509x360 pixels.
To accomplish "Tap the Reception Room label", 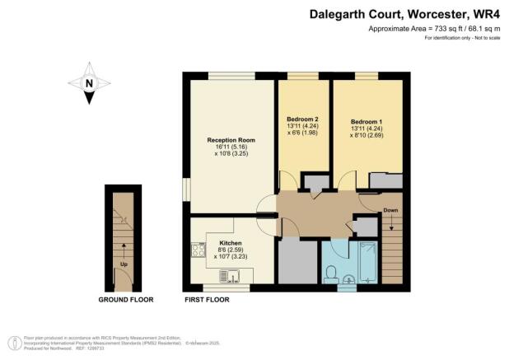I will click(x=227, y=140).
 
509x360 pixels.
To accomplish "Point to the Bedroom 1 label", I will click(x=367, y=120).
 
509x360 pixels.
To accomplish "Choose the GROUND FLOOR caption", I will click(x=124, y=300).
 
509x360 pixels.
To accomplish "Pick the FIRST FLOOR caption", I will click(x=207, y=300).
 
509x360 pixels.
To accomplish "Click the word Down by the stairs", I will click(x=390, y=210).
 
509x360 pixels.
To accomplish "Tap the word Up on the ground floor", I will click(x=124, y=264).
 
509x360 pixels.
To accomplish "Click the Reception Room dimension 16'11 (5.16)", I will click(x=227, y=147).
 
